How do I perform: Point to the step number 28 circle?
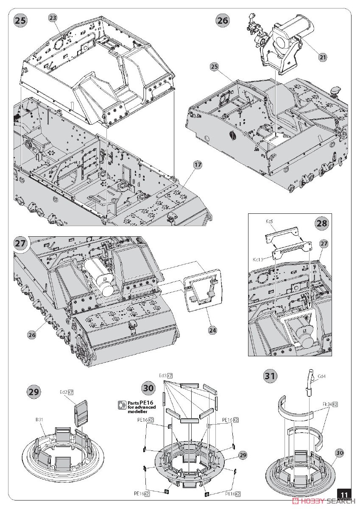pyautogui.click(x=322, y=224)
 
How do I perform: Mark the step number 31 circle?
pyautogui.click(x=270, y=376)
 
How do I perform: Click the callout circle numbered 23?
pyautogui.click(x=53, y=18)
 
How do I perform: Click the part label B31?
pyautogui.click(x=41, y=420)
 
